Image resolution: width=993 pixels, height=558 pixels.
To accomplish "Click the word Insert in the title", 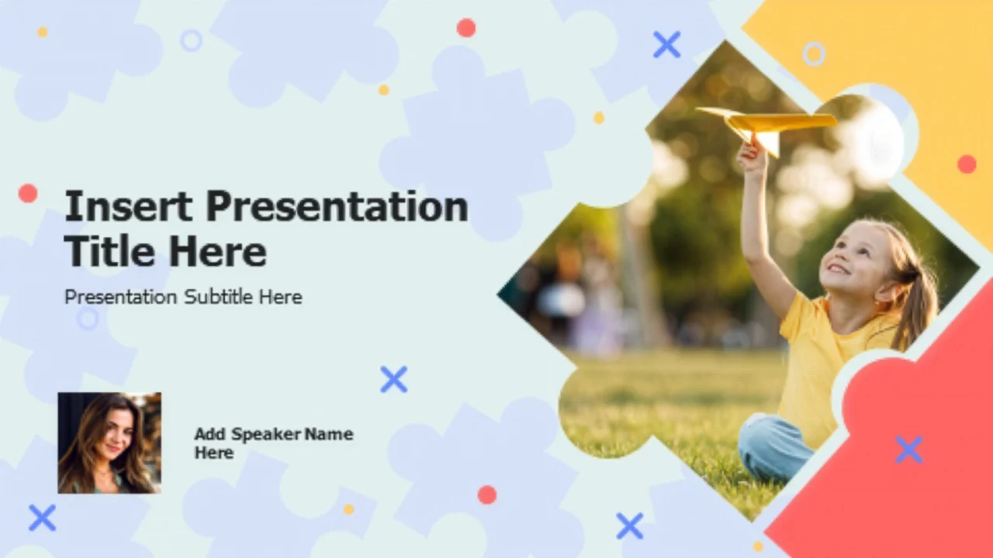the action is pyautogui.click(x=129, y=206).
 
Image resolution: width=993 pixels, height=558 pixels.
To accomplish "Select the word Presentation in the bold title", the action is pyautogui.click(x=337, y=206).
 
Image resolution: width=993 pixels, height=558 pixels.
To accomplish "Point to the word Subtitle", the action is pyautogui.click(x=218, y=297).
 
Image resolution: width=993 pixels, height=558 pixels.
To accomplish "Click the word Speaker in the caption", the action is pyautogui.click(x=266, y=435).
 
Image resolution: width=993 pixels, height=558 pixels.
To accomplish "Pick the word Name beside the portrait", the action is pyautogui.click(x=329, y=434).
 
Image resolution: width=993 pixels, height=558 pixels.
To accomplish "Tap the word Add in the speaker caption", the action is pyautogui.click(x=210, y=434).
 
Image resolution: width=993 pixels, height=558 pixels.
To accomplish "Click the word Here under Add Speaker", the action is pyautogui.click(x=214, y=453).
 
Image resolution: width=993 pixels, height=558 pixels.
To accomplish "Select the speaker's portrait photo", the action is pyautogui.click(x=109, y=443).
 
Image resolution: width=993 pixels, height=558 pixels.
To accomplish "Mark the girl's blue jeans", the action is pyautogui.click(x=773, y=447).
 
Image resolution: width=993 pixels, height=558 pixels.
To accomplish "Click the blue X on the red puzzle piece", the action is pyautogui.click(x=908, y=449).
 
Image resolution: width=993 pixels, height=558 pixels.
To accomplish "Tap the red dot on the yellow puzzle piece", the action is pyautogui.click(x=967, y=164).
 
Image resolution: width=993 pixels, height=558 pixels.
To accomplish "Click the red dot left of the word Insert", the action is pyautogui.click(x=28, y=194).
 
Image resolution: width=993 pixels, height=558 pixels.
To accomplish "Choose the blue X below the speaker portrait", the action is pyautogui.click(x=43, y=518).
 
